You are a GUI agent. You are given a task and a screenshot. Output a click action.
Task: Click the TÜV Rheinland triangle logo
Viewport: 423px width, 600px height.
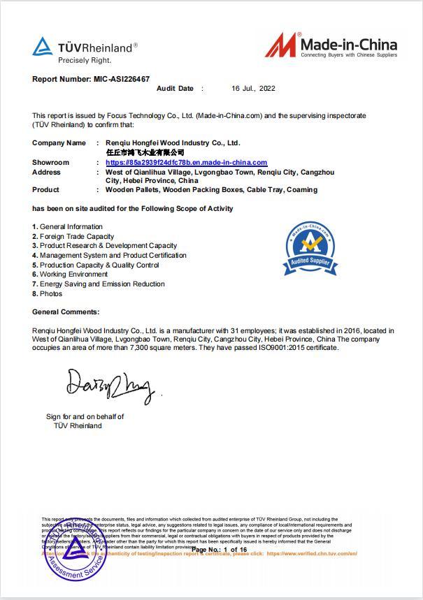(42, 47)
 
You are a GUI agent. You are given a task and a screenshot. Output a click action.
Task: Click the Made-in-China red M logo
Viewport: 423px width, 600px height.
(280, 45)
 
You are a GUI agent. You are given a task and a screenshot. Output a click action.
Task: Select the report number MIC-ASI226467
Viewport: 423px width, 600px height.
(122, 79)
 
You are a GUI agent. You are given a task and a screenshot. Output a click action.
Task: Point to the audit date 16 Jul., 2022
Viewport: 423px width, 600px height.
(253, 89)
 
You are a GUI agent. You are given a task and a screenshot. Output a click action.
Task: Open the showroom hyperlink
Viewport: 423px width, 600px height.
(186, 163)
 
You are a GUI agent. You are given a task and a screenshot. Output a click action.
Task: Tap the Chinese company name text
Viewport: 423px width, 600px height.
(145, 152)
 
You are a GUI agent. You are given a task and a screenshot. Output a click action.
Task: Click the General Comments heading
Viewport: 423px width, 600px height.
(66, 312)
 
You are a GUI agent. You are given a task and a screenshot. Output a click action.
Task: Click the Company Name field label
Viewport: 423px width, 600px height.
(59, 142)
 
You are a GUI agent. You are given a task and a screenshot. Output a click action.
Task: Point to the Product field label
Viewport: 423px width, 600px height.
(45, 190)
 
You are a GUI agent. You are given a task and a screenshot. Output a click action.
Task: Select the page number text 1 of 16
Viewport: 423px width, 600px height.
(235, 550)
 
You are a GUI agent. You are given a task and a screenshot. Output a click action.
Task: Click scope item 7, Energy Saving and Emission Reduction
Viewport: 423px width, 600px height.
(102, 284)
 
